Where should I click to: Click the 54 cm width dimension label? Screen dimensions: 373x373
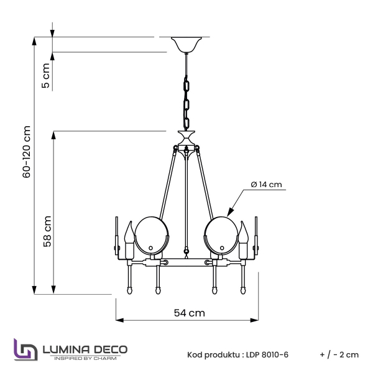click(x=188, y=313)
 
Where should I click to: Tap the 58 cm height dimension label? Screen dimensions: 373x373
click(x=47, y=232)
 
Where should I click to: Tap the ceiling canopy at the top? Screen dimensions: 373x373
click(x=186, y=45)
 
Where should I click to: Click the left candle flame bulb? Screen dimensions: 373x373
click(x=131, y=234)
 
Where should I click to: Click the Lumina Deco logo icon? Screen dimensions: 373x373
click(x=25, y=349)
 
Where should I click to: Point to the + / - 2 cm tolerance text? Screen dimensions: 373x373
click(x=339, y=355)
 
